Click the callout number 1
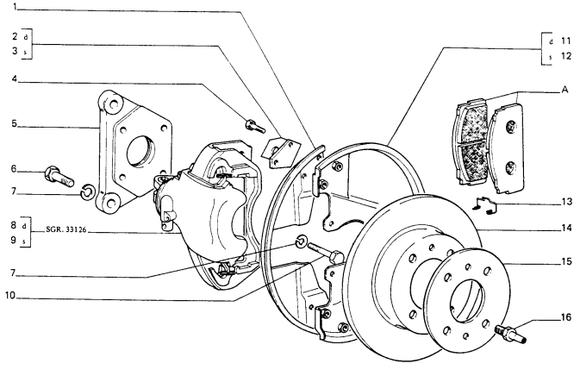coord(16,7)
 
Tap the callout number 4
coord(15,78)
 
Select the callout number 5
coord(15,123)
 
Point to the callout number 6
coord(14,169)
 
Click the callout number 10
coord(10,296)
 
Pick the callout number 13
coord(567,202)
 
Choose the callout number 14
coord(567,229)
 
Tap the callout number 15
coord(567,262)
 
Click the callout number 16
coord(567,317)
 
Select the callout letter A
coord(564,90)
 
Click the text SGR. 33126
coord(66,229)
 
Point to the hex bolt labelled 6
coord(59,177)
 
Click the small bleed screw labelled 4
coord(255,125)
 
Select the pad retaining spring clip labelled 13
coord(485,205)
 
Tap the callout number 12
coord(566,56)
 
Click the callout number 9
coord(14,240)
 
